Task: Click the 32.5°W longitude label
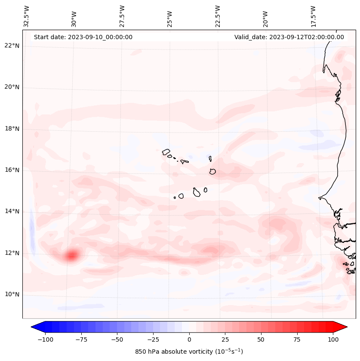(27, 16)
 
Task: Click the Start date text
(83, 37)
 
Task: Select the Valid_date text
(289, 37)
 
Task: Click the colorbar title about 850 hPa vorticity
(189, 352)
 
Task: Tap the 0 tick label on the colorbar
(189, 339)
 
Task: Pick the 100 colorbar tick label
(332, 339)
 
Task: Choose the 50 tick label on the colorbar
(261, 339)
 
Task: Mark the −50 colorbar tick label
(117, 339)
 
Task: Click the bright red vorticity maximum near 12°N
(72, 256)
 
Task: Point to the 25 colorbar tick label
(225, 339)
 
